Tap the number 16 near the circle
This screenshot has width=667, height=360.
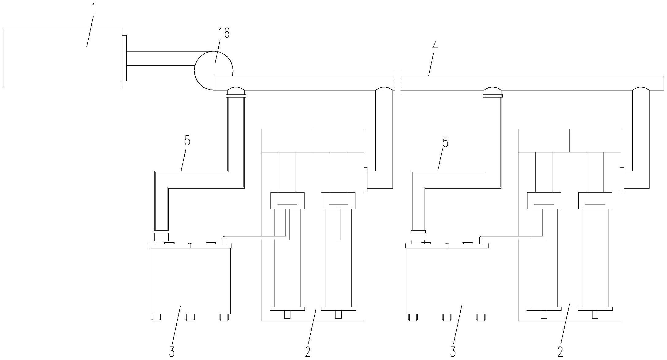(x=224, y=33)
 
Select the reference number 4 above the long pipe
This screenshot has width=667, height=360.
(x=434, y=46)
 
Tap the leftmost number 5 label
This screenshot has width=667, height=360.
(x=187, y=141)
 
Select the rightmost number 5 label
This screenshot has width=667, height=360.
(x=445, y=143)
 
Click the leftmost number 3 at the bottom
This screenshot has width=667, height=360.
(x=172, y=352)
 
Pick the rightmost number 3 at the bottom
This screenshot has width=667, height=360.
(x=453, y=352)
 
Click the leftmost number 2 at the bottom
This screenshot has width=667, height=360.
(x=308, y=352)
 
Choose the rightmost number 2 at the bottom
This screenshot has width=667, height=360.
(x=560, y=352)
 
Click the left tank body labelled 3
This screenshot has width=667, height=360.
(x=190, y=281)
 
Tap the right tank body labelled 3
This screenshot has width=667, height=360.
(x=447, y=281)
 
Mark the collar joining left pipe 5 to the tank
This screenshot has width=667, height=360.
(x=161, y=236)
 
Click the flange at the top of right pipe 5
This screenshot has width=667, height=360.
(x=493, y=96)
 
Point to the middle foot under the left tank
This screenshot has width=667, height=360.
(x=190, y=317)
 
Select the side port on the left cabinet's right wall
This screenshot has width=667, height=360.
(x=366, y=180)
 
